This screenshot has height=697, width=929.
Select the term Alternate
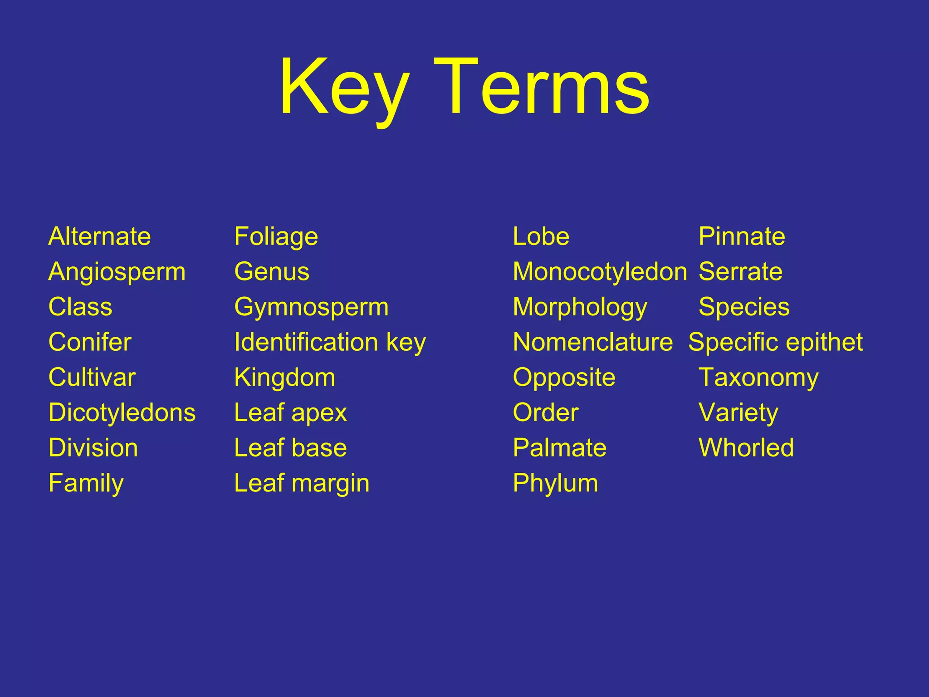[99, 236]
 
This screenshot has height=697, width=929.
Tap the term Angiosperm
[117, 272]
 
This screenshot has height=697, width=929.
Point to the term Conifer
[90, 342]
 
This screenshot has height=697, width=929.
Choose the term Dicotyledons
[122, 413]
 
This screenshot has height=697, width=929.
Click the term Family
[86, 483]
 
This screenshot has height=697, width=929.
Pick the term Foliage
[276, 237]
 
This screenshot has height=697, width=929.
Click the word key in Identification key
[406, 343]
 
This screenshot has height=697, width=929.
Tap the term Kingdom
[284, 378]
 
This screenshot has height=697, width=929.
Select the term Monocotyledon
[600, 272]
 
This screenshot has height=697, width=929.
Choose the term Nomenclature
[592, 342]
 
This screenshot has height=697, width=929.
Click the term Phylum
[555, 483]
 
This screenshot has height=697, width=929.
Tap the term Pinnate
[742, 236]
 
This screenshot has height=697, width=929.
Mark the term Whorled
[746, 448]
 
